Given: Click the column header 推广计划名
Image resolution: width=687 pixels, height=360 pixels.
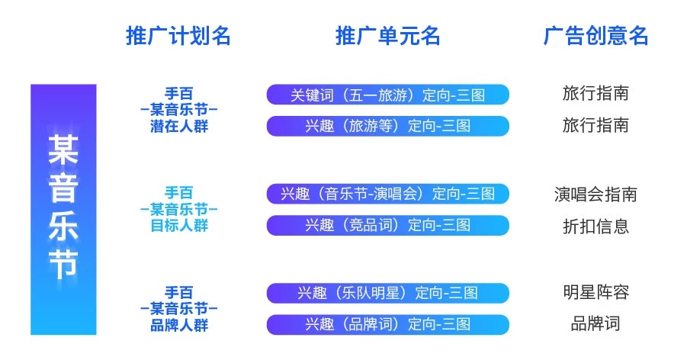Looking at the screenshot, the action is tap(178, 36).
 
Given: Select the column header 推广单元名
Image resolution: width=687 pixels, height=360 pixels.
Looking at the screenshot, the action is tap(388, 36).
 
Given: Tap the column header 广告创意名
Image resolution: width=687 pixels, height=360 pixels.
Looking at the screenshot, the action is tap(596, 36).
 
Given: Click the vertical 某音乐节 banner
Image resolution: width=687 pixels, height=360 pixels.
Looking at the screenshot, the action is tap(63, 210).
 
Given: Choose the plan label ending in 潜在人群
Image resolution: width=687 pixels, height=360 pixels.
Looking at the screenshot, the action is tap(178, 110).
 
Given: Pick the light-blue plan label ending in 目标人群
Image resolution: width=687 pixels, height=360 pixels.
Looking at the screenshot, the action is tap(178, 209).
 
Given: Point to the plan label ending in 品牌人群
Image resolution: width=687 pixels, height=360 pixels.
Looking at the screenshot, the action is tap(178, 309).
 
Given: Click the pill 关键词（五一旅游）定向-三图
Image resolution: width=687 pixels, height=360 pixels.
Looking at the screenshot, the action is tap(388, 95).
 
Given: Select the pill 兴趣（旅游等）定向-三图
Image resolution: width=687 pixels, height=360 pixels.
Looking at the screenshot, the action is tap(388, 127).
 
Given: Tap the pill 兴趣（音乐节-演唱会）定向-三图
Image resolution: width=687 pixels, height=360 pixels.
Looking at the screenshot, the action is tap(388, 194).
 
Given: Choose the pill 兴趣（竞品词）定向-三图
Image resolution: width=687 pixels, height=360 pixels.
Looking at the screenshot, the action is tap(388, 226).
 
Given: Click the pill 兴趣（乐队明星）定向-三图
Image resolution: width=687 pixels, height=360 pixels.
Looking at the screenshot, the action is tap(388, 293).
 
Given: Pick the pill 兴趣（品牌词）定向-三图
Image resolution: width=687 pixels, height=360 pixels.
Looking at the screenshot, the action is tap(388, 324).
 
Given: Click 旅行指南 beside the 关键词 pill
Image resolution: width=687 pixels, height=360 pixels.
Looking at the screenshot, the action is tap(596, 93).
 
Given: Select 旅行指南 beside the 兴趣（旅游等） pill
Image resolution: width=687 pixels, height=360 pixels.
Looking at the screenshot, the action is tap(596, 125).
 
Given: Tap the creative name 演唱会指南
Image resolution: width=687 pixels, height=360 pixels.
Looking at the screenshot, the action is tap(596, 194).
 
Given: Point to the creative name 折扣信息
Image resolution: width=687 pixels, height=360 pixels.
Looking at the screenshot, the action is tap(596, 227).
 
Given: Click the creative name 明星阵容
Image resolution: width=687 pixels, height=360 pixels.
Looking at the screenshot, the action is tap(596, 292).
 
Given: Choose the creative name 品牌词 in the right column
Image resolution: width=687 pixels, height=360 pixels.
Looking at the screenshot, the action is tap(596, 323).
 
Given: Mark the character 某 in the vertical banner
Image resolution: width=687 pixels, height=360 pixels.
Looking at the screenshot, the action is tap(63, 149).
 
